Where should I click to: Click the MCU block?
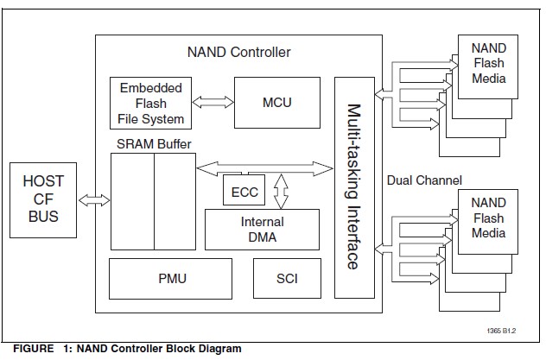pos(276,103)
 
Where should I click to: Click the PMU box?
pos(172,278)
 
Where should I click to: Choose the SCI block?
pos(287,278)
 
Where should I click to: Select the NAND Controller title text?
pos(238,52)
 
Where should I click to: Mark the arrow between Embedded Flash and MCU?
pos(213,102)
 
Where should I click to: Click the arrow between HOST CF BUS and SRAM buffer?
pos(93,200)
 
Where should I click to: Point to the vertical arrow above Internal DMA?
pos(279,190)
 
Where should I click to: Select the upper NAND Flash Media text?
pos(488,63)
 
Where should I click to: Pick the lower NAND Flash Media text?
pos(488,218)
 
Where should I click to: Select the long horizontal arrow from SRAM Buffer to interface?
pos(264,165)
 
